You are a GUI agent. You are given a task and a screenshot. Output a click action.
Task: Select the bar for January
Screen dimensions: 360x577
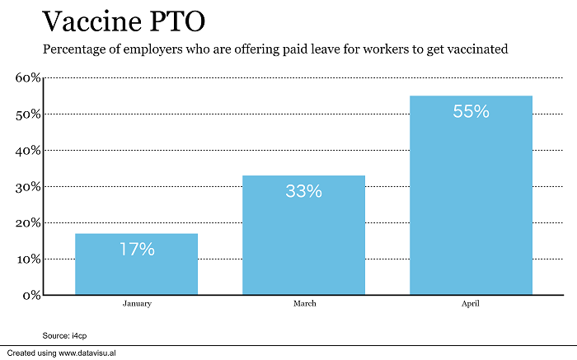(x=136, y=264)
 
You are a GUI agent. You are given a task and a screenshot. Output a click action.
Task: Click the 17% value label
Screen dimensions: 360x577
(x=136, y=250)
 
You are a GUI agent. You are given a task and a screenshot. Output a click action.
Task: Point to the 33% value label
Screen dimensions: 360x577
(x=303, y=191)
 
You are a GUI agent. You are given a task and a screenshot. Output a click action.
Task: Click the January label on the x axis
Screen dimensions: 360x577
(x=136, y=304)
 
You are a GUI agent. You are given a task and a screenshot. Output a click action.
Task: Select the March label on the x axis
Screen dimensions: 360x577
(x=303, y=304)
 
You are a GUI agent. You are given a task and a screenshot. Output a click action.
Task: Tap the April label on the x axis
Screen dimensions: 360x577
(x=471, y=304)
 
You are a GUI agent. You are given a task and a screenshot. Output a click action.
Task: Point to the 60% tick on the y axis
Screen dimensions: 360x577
(x=28, y=77)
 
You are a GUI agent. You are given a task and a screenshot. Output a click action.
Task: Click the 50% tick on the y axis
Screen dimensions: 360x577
(x=28, y=114)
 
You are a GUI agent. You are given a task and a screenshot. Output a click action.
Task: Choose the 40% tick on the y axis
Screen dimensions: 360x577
(x=28, y=150)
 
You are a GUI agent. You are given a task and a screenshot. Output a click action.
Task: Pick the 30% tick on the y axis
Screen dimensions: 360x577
(x=28, y=186)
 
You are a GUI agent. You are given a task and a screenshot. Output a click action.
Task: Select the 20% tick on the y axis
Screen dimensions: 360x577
(x=28, y=222)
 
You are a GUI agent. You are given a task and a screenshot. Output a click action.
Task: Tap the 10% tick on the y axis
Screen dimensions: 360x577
(x=28, y=259)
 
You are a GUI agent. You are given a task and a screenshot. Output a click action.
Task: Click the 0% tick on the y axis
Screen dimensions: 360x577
(x=31, y=295)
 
